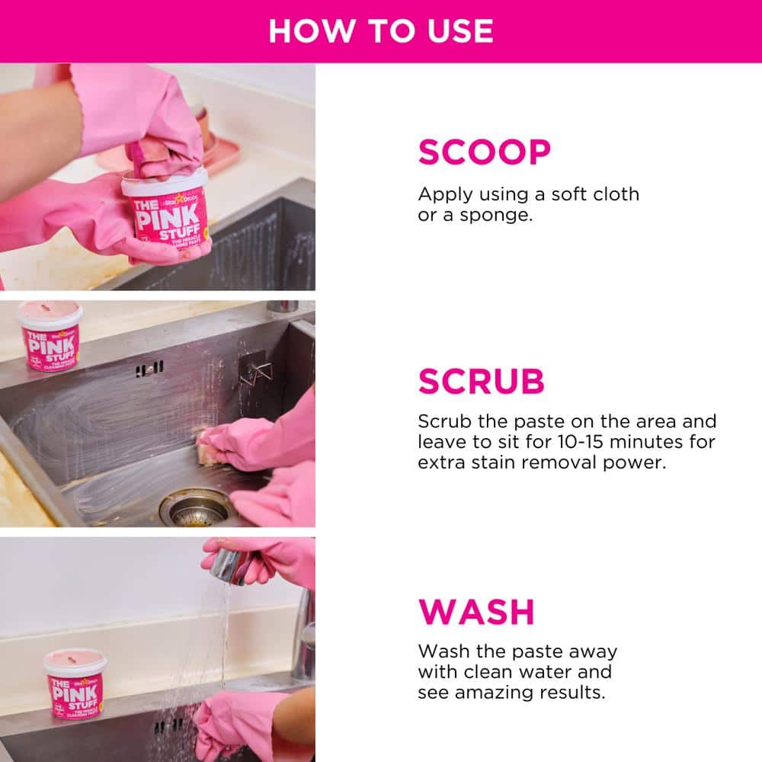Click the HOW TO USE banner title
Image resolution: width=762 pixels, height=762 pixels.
pos(381,30)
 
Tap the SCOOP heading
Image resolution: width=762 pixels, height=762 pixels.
pos(484,153)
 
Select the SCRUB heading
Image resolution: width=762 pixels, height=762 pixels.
pos(481,382)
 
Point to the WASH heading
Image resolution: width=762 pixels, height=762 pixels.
pos(476,612)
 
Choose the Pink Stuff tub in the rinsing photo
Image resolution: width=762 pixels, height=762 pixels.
pos(75,684)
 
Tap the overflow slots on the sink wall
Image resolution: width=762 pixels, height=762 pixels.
pos(149,369)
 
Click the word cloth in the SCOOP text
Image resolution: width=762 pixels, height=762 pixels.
pos(615,194)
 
